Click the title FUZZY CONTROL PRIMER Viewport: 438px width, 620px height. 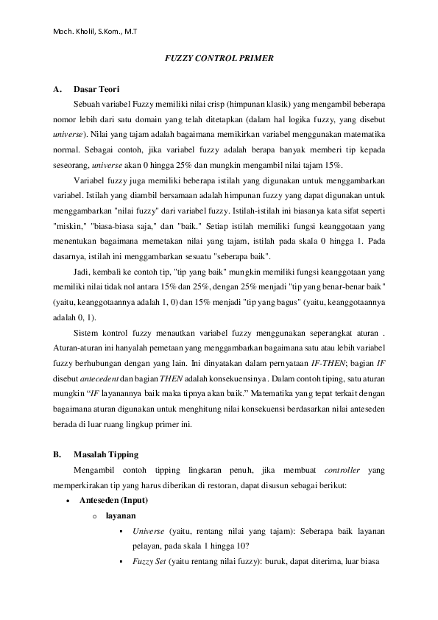pos(219,58)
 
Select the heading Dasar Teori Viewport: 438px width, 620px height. pos(97,90)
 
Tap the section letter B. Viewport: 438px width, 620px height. pos(57,454)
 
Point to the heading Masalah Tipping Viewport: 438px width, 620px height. pos(106,454)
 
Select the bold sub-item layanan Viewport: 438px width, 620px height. pos(120,515)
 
